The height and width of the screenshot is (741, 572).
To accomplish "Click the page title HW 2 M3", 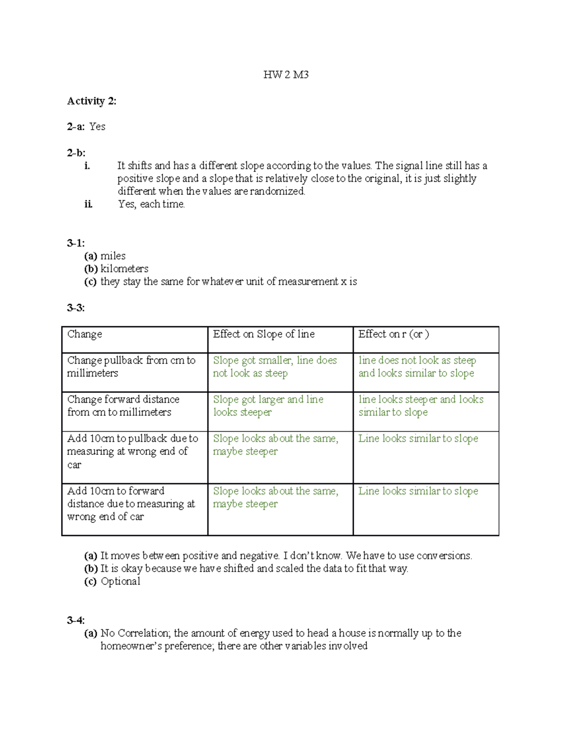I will point(286,74).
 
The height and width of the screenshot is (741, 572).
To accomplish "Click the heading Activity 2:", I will point(92,101).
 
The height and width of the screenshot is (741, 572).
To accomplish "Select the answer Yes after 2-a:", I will point(97,126).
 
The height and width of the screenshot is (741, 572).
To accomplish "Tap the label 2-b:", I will point(76,153).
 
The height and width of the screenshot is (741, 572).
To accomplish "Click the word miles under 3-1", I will point(113,256).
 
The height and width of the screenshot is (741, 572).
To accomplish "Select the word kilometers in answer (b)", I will point(124,269).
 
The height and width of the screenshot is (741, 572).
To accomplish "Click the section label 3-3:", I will point(76,308).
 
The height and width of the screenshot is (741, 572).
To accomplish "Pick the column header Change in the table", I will point(84,334).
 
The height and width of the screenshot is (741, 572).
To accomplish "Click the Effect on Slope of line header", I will point(264,334).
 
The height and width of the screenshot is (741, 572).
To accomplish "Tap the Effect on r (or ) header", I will point(393,334).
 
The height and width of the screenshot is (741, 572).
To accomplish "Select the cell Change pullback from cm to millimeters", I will point(131,366).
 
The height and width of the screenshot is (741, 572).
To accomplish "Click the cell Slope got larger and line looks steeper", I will point(268,406).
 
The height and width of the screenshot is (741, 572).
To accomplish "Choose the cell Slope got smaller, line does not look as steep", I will point(275,366).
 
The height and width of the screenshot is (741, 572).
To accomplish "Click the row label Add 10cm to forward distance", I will point(131,503).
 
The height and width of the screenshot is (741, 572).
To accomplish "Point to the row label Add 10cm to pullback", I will point(132,451).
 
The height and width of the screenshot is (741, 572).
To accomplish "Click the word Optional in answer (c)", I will point(121,581).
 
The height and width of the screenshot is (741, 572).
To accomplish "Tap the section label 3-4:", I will point(76,620).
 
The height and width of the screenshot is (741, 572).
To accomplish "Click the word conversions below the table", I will point(444,555).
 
